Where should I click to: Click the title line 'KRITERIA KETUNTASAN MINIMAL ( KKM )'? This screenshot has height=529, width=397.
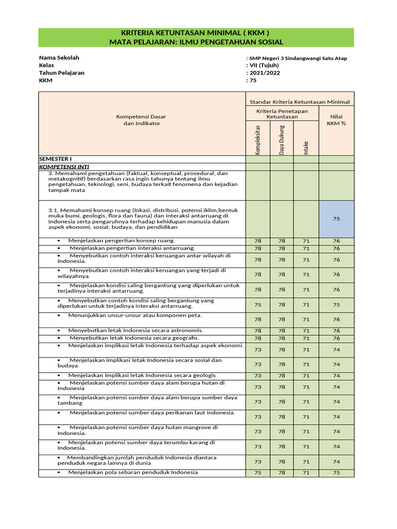196,33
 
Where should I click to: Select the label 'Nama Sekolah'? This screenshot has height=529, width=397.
59,58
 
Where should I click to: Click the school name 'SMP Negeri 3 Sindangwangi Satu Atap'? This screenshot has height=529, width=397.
297,58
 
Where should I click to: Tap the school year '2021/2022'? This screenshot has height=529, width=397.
262,73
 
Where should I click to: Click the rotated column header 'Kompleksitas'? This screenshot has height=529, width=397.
257,139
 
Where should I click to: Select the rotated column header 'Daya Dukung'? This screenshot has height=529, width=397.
282,139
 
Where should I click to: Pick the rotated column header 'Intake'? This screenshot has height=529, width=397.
306,148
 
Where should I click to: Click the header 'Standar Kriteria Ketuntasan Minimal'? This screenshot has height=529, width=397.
300,102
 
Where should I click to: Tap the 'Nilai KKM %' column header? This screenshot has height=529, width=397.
336,120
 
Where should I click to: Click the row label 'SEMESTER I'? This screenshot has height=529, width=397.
56,159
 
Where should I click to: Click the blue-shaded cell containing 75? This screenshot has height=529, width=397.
336,219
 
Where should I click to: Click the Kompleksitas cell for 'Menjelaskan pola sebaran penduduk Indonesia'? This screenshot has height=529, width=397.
257,473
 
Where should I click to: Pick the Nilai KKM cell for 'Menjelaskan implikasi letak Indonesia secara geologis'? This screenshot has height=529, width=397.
336,376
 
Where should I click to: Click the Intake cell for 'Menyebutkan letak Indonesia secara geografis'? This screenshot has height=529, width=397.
306,338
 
